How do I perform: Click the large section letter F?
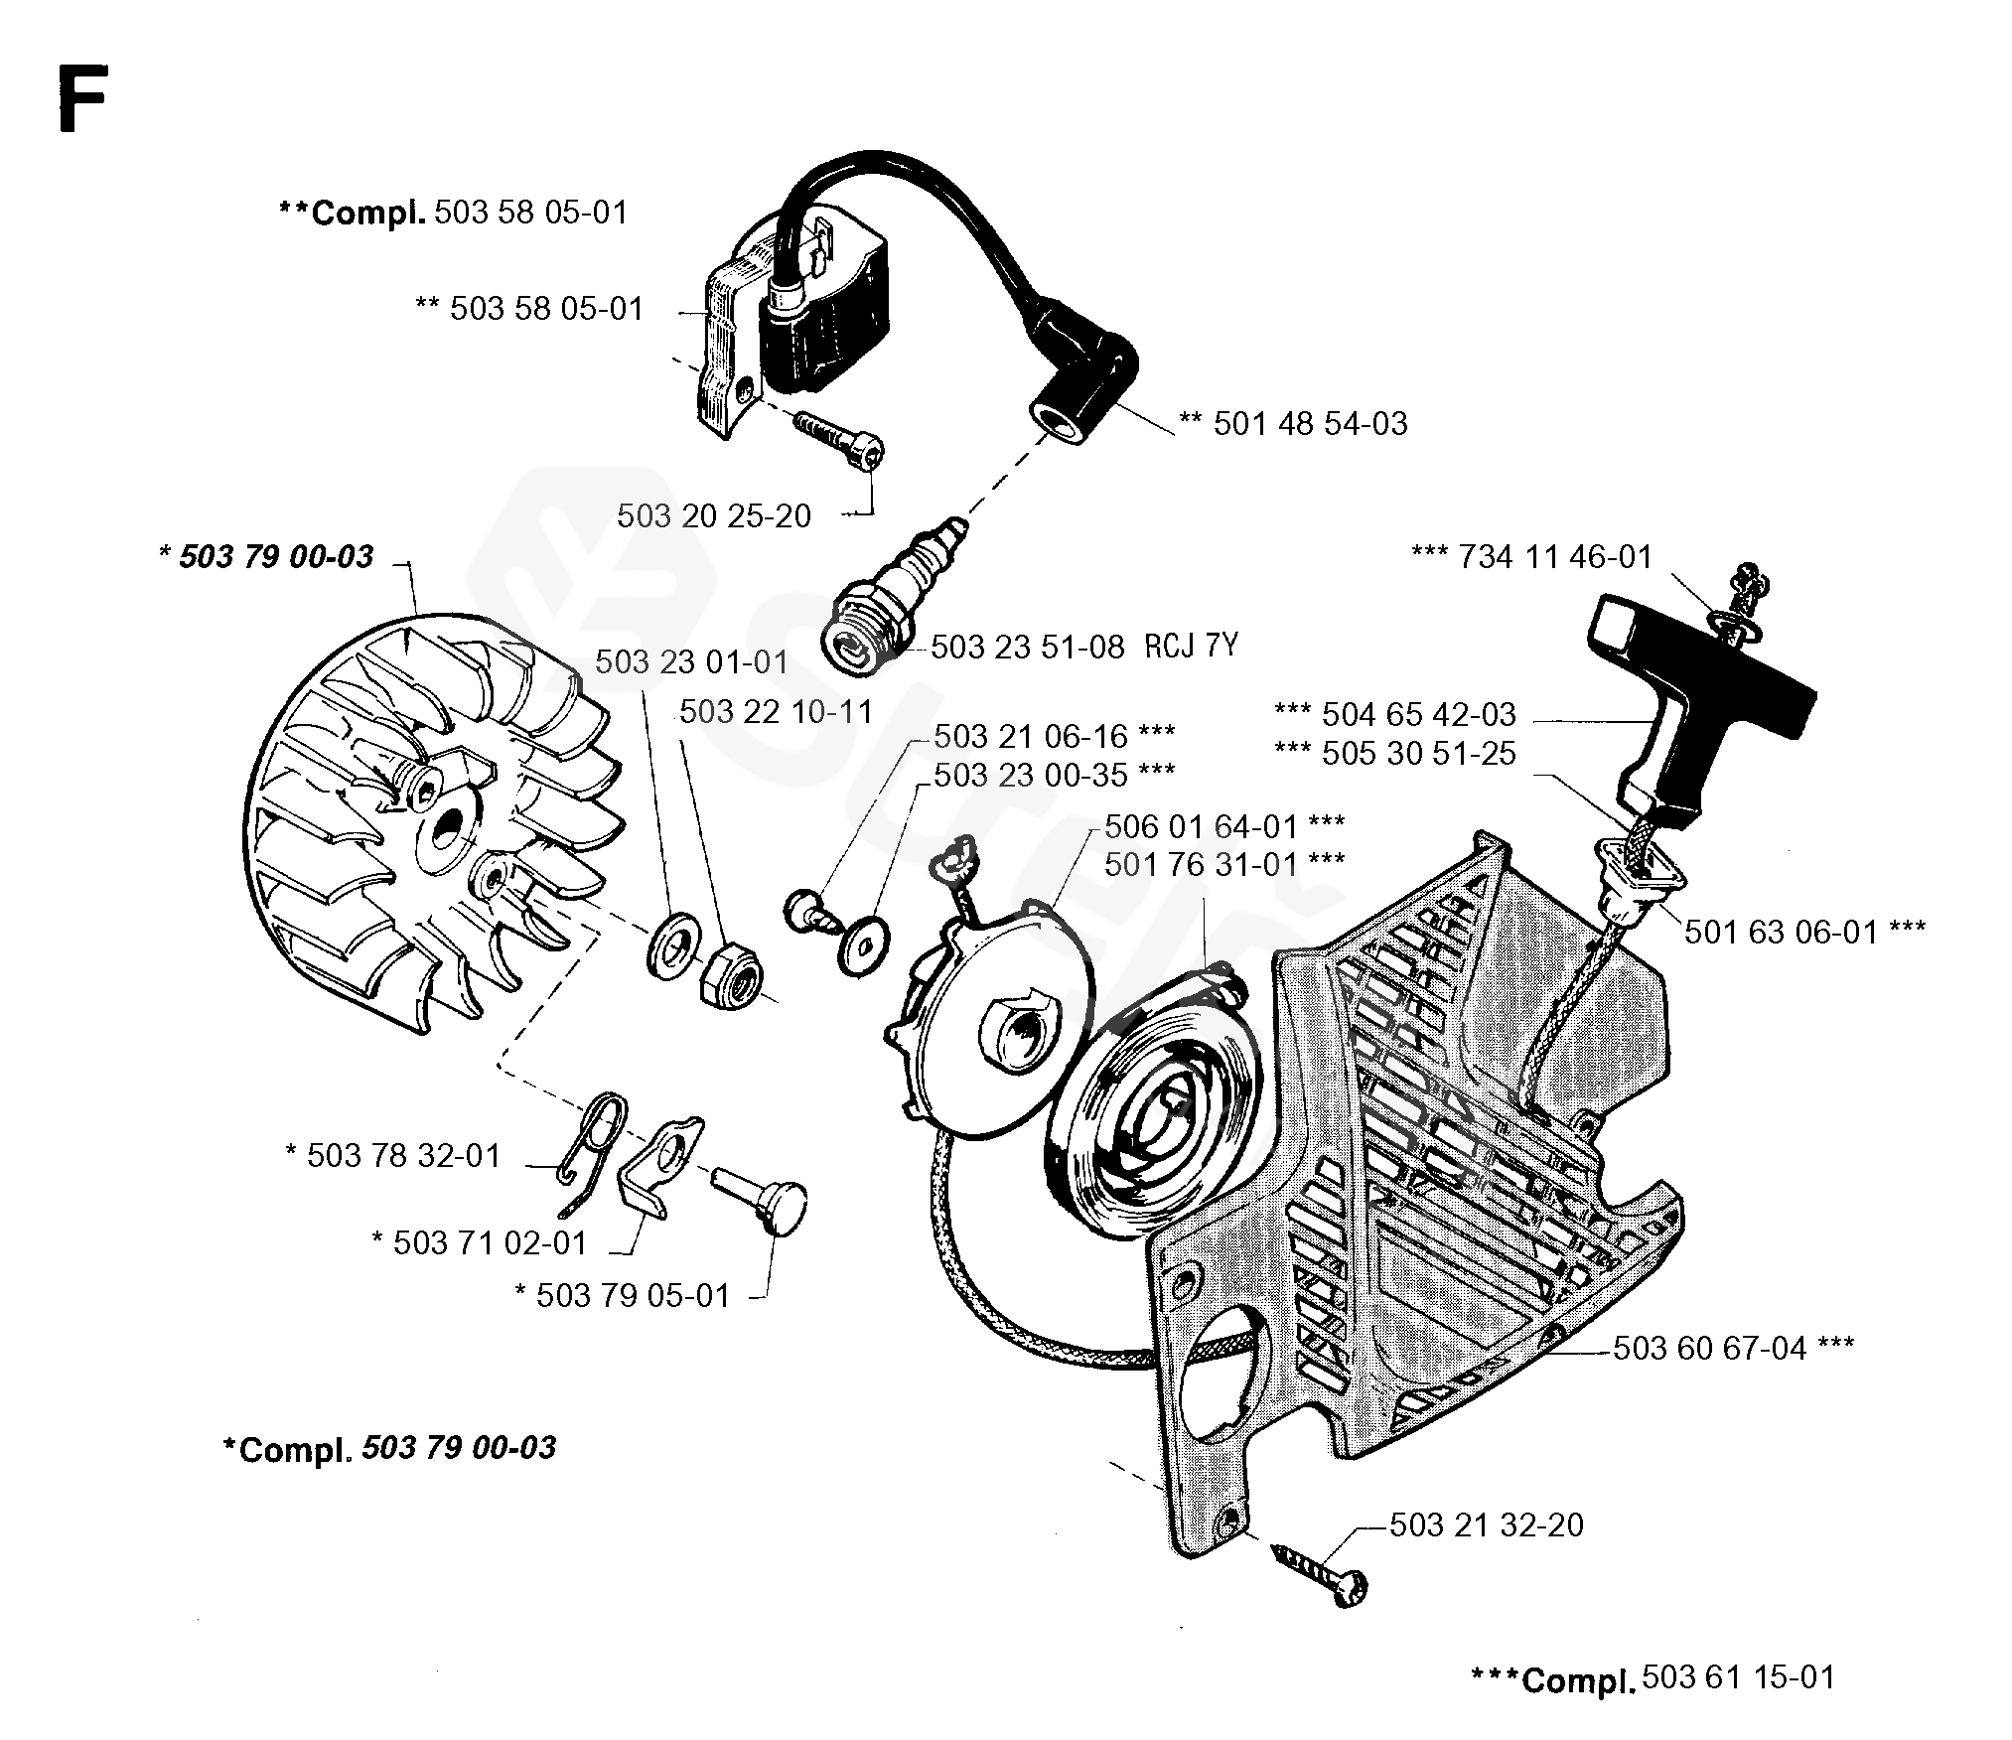pos(81,99)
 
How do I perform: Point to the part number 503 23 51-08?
pos(1028,648)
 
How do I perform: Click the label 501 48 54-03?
pos(1310,424)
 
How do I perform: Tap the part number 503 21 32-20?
pos(1487,1524)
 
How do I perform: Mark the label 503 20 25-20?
pos(714,516)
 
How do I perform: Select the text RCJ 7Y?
pos(1192,647)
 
